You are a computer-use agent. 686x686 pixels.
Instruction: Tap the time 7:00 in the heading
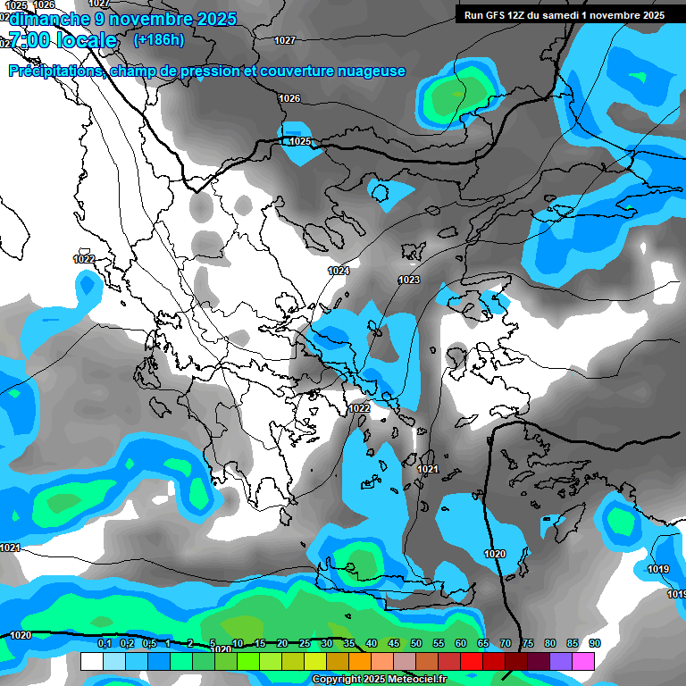[x=29, y=40]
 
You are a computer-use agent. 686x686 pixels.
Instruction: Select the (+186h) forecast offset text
[x=160, y=39]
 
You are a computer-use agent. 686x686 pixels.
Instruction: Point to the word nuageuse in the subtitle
[x=371, y=71]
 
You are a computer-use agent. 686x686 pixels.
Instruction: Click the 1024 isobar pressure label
[x=339, y=271]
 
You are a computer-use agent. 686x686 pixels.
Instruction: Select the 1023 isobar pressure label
[x=409, y=280]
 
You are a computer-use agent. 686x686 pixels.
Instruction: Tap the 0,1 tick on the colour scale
[x=104, y=643]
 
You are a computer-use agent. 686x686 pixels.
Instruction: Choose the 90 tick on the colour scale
[x=595, y=643]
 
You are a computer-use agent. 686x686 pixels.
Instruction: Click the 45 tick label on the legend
[x=394, y=643]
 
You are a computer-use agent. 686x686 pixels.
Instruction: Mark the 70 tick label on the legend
[x=506, y=643]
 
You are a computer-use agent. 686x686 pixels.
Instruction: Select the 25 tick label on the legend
[x=305, y=643]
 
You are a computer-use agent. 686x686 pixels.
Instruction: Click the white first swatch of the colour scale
[x=91, y=661]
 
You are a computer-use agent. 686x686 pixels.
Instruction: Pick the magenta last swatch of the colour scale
[x=583, y=661]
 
